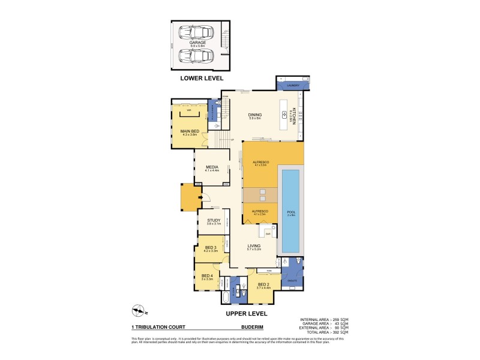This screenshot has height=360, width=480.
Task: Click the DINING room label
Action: click(x=256, y=116)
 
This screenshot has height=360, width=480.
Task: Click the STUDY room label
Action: click(x=214, y=221)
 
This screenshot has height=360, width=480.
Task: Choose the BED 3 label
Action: click(x=210, y=248)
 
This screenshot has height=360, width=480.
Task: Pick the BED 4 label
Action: click(x=208, y=276)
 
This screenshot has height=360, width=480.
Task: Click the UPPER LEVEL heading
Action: click(x=247, y=313)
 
